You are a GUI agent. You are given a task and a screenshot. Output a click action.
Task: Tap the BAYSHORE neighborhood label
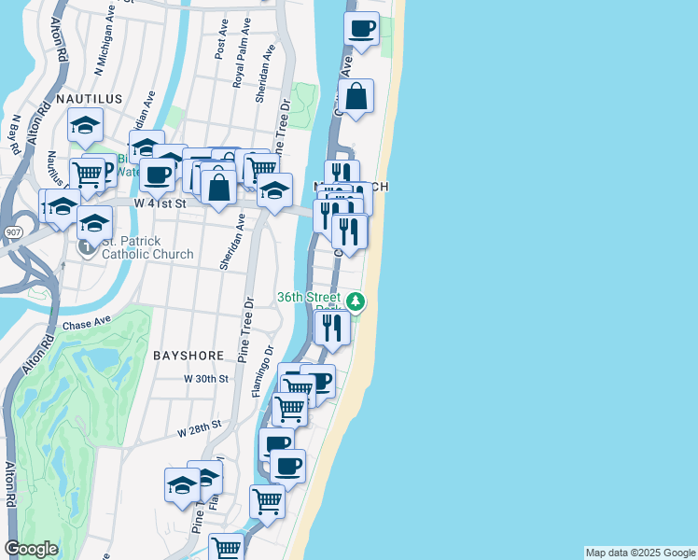point(188,356)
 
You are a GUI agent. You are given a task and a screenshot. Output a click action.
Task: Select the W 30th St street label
point(206,379)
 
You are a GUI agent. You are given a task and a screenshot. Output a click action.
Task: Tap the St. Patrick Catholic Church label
point(147,247)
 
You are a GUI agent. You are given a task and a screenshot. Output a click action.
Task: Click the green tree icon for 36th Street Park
point(356,301)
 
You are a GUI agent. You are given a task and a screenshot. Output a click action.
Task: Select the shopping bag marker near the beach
point(356,96)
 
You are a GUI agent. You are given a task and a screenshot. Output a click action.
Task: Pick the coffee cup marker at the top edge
point(361,28)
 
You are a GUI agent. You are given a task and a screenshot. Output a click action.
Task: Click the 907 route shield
point(12,231)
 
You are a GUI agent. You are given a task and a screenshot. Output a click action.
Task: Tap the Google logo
point(31,549)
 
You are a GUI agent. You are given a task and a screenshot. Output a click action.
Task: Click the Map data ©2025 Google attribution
point(640,553)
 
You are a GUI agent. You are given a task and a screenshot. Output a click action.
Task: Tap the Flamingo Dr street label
point(264,371)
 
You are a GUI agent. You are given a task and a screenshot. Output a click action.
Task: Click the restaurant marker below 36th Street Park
point(332,327)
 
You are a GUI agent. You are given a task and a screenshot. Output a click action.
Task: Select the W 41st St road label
point(161,202)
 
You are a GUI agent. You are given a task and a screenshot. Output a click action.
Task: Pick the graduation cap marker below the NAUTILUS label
point(85,126)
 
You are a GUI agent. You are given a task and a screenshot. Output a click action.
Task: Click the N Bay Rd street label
point(14,136)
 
